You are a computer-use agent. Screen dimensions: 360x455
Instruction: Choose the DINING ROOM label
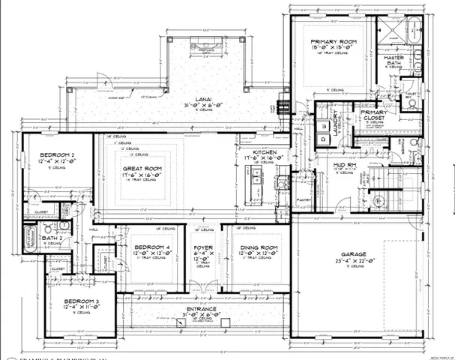259,247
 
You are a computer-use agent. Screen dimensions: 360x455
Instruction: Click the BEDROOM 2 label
56,153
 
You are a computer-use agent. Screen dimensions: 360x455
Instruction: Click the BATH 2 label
52,238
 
